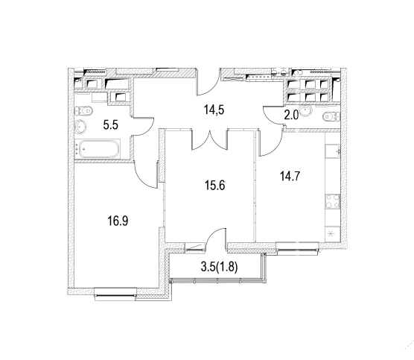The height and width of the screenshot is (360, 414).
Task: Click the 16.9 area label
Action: click(118, 221)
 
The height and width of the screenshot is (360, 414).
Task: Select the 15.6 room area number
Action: click(215, 186)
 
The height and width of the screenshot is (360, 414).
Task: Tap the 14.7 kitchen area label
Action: click(290, 176)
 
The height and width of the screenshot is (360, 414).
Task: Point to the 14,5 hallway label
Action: click(214, 110)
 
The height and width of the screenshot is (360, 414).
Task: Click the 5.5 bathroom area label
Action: click(111, 124)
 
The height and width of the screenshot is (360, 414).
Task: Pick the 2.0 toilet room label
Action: click(291, 116)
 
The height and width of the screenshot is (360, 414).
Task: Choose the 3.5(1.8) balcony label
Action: click(220, 267)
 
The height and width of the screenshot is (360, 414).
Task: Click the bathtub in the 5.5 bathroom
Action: click(99, 149)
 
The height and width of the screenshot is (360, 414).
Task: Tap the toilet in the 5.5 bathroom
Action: click(83, 111)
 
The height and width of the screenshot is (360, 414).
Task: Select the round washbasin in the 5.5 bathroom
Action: click(81, 127)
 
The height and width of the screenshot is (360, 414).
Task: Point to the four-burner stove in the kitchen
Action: click(332, 201)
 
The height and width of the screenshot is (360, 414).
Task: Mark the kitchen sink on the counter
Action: click(333, 151)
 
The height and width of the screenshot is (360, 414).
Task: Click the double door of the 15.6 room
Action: click(210, 140)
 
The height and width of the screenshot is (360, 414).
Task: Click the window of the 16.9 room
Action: click(115, 294)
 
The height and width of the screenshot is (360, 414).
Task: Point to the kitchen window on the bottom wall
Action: click(297, 249)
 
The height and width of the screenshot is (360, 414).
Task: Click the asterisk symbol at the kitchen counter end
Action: click(331, 234)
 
